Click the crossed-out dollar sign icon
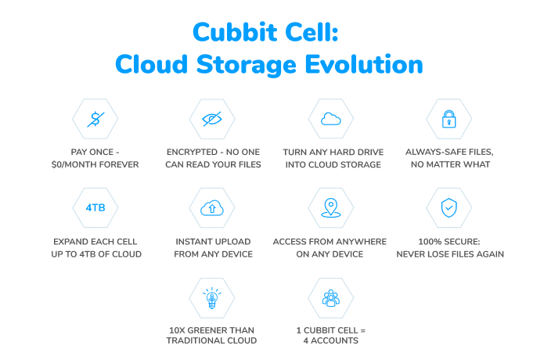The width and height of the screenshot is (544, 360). [95, 119]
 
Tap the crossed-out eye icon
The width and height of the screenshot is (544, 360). [212, 119]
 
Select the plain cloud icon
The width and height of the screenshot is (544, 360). [330, 119]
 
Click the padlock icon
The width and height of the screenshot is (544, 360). [449, 119]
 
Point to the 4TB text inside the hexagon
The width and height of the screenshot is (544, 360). [95, 207]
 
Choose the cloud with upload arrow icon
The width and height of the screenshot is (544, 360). [212, 207]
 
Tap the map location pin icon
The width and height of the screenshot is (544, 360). [330, 207]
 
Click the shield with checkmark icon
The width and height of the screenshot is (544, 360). [449, 207]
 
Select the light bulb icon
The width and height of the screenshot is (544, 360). [212, 298]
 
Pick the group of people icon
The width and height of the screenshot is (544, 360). [330, 298]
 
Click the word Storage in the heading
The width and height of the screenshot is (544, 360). [247, 65]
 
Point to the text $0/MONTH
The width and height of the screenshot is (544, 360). [74, 164]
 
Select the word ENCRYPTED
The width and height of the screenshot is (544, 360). [192, 152]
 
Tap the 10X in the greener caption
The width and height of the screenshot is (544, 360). [177, 330]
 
